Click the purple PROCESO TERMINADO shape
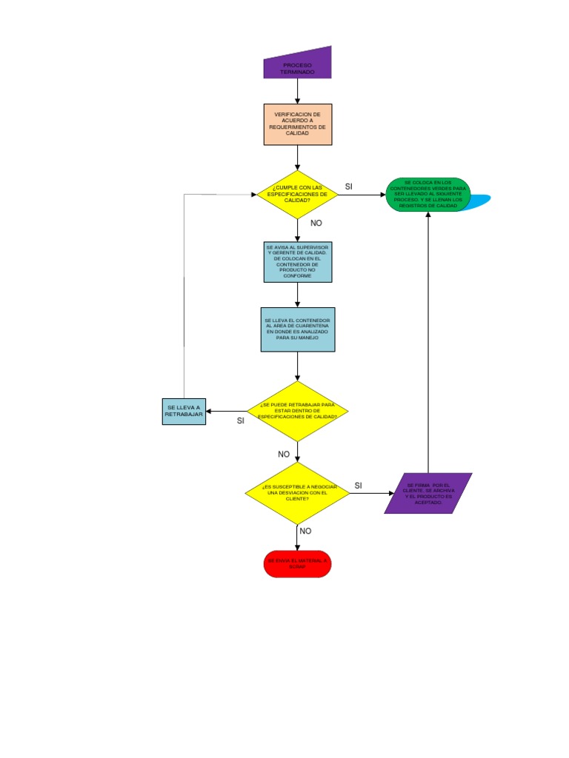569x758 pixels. click(298, 64)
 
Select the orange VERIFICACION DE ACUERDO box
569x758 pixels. click(298, 124)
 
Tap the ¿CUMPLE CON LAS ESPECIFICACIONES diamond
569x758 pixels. click(297, 195)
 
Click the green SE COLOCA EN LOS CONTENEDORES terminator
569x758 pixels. click(428, 194)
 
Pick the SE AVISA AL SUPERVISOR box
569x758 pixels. click(298, 261)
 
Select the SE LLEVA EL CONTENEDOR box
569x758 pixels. click(297, 329)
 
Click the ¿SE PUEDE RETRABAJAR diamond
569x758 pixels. click(298, 411)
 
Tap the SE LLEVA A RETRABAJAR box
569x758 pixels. click(184, 412)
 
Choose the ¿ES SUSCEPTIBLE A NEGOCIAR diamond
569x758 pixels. click(298, 493)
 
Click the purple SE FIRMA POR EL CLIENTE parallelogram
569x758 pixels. click(428, 493)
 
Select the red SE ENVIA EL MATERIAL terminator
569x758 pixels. click(297, 564)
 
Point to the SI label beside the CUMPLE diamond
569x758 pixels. click(349, 186)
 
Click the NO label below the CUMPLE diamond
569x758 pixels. click(316, 223)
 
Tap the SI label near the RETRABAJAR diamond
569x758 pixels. click(240, 420)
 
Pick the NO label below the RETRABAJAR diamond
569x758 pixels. click(284, 454)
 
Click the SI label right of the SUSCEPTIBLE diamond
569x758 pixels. click(358, 486)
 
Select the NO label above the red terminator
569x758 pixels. click(305, 531)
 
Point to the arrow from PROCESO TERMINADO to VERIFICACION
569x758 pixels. click(298, 90)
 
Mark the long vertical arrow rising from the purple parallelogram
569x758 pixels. click(428, 341)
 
